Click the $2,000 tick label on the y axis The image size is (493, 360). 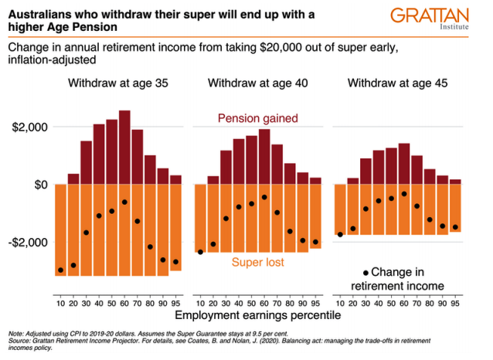[29, 127]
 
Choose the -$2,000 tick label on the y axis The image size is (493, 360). [28, 243]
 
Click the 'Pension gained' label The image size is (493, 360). [257, 118]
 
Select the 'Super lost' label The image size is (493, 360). [257, 263]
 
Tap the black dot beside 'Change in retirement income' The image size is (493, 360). [365, 272]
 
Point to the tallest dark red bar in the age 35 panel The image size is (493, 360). [124, 148]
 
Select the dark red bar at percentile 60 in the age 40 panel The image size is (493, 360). [264, 157]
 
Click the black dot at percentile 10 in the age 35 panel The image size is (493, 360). [60, 270]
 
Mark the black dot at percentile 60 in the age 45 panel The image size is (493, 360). [404, 194]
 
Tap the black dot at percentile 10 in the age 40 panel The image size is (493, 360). [200, 252]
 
